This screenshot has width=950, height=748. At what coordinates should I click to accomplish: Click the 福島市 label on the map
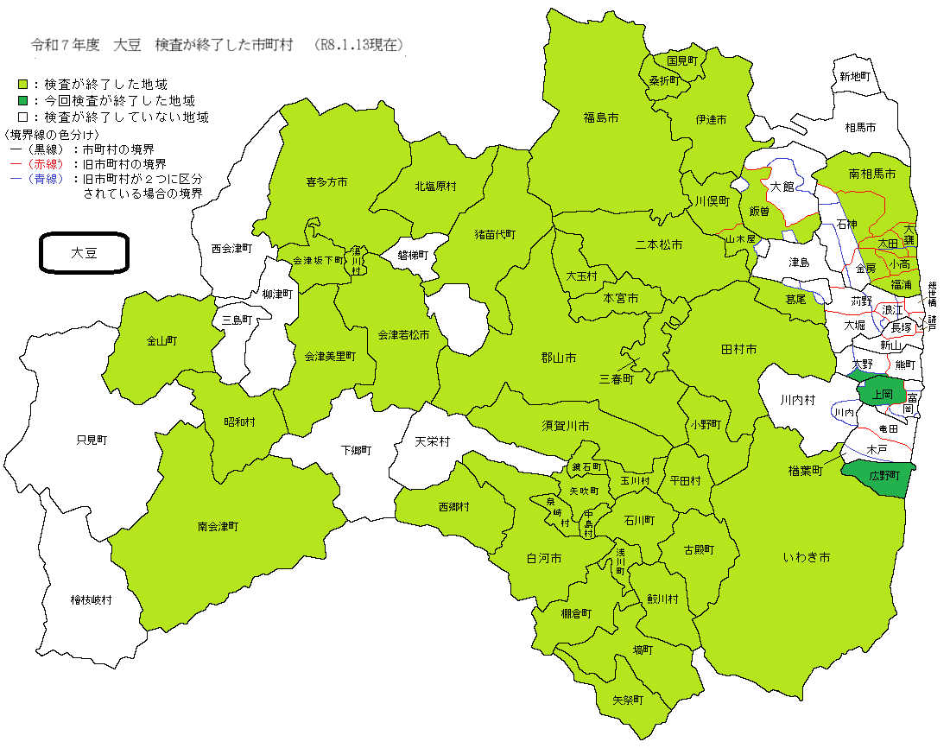[600, 117]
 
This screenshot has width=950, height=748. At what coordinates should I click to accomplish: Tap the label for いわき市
[807, 558]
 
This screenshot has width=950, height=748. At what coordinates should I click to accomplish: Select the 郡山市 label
[559, 358]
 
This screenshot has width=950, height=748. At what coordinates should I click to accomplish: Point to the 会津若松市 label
[403, 334]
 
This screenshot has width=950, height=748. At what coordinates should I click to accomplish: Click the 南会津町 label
[218, 525]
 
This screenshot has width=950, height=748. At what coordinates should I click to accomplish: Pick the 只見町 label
[92, 440]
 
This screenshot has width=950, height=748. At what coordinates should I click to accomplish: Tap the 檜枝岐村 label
[92, 599]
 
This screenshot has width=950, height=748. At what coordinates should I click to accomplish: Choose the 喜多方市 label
[326, 182]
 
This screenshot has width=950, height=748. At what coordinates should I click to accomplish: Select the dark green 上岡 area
[882, 394]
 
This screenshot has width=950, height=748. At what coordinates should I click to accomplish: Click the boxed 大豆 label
[85, 253]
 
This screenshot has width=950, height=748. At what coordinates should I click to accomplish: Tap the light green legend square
[23, 85]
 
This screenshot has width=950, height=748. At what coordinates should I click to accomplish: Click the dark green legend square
[23, 101]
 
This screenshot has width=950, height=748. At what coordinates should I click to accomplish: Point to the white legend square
[23, 117]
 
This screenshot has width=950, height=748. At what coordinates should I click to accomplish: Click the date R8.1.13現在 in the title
[360, 44]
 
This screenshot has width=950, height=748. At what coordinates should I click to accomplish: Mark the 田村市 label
[738, 349]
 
